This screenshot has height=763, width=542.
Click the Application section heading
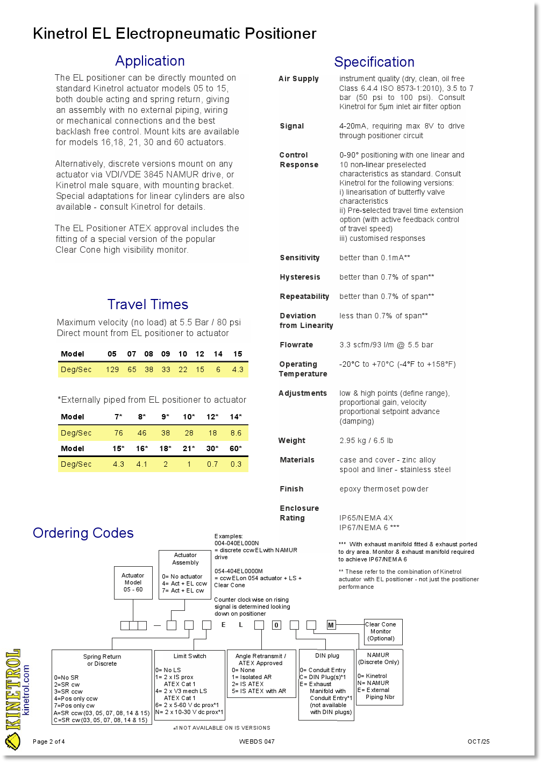click(149, 61)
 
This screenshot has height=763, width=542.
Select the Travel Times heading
click(147, 304)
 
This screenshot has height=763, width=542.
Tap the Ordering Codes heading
click(83, 533)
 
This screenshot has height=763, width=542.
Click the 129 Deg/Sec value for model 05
click(112, 369)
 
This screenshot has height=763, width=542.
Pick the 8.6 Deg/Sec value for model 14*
click(236, 433)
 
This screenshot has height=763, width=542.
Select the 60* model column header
click(236, 448)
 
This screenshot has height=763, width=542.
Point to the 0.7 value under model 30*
click(212, 464)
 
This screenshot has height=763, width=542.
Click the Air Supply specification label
click(298, 79)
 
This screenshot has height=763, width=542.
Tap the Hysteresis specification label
click(299, 277)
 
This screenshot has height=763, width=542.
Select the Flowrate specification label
click(297, 345)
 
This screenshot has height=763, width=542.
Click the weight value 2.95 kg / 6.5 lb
click(366, 440)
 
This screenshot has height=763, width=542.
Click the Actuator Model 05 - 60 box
click(133, 582)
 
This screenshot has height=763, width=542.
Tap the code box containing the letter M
click(331, 625)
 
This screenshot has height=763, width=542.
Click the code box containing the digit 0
click(276, 625)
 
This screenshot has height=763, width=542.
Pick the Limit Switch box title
click(189, 656)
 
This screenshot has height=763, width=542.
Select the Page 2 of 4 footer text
click(49, 742)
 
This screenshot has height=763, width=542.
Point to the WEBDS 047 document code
click(256, 742)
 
